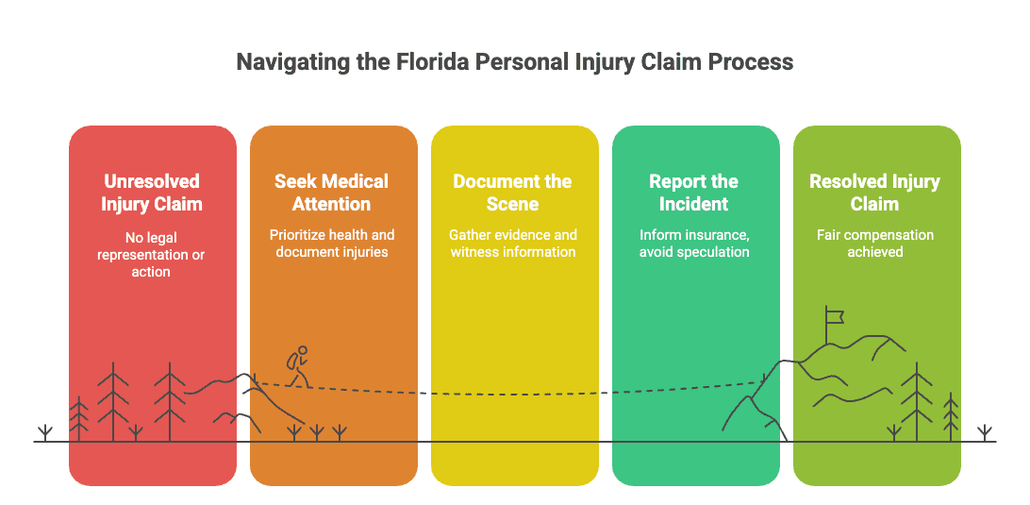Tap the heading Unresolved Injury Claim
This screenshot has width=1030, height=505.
(x=152, y=192)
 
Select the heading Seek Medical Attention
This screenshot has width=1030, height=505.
(x=332, y=192)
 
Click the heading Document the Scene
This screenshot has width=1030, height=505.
(x=513, y=192)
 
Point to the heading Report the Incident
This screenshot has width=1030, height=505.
(x=693, y=192)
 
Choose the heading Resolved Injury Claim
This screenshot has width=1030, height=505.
(x=875, y=192)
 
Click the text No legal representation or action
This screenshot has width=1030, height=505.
(x=152, y=254)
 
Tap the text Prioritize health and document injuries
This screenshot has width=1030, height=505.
(x=332, y=244)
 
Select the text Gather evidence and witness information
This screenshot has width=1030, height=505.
(x=513, y=244)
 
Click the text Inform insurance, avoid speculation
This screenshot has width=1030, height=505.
(x=694, y=244)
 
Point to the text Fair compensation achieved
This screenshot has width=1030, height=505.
(x=875, y=244)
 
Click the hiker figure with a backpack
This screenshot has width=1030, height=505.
(x=297, y=366)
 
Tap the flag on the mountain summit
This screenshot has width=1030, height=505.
(x=834, y=317)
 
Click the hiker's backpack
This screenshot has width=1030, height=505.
(x=291, y=362)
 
